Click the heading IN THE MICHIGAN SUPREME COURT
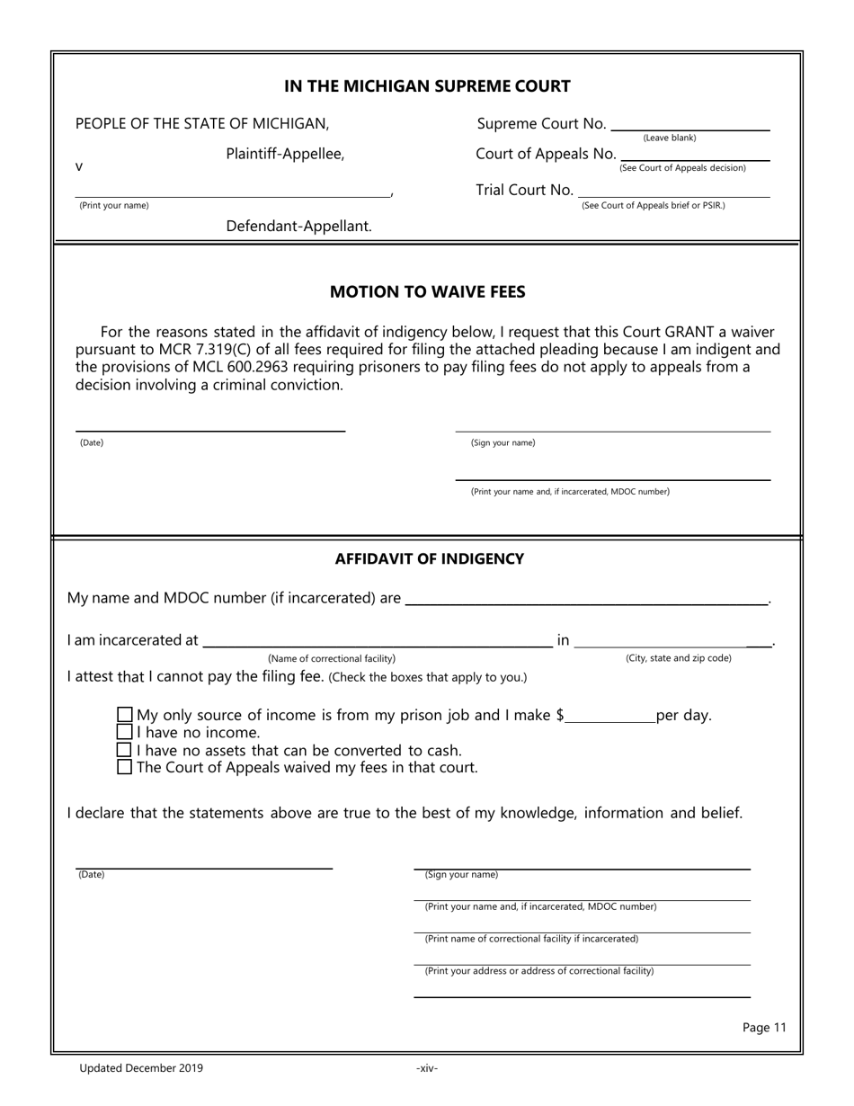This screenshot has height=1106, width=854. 427,86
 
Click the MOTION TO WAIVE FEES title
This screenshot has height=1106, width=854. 427,292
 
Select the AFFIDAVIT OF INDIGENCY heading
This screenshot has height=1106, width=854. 429,559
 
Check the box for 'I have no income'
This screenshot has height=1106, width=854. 125,733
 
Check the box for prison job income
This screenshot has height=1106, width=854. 125,716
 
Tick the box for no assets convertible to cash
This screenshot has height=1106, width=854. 125,750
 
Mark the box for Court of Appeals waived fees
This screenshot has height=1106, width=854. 125,767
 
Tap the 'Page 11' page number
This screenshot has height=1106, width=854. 764,1028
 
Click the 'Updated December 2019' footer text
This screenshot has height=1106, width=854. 141,1068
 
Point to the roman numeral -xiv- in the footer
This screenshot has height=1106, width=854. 427,1068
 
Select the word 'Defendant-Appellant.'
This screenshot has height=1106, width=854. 298,227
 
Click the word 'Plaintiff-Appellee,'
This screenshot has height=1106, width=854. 285,154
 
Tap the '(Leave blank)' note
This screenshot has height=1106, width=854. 669,138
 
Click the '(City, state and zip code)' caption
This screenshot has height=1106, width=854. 678,658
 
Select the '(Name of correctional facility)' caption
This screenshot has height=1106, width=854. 332,659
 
